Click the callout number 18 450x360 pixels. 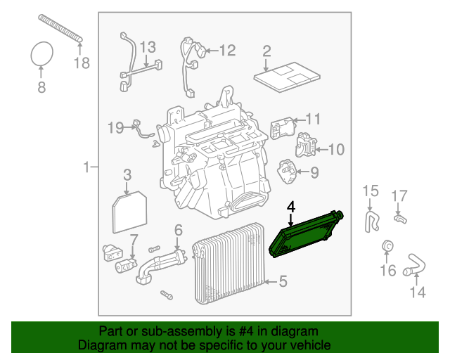click(82, 64)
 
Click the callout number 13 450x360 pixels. click(146, 48)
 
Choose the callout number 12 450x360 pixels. click(226, 51)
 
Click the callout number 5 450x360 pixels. click(282, 282)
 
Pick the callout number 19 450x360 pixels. click(115, 127)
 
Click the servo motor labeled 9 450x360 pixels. click(287, 171)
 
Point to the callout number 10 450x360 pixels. click(336, 149)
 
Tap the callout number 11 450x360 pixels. click(312, 119)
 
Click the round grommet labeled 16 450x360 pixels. click(387, 246)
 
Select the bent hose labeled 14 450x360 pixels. click(415, 268)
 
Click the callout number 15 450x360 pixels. click(370, 191)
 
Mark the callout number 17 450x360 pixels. click(399, 195)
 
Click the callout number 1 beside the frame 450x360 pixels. click(86, 167)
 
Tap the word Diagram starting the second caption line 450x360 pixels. click(101, 345)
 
